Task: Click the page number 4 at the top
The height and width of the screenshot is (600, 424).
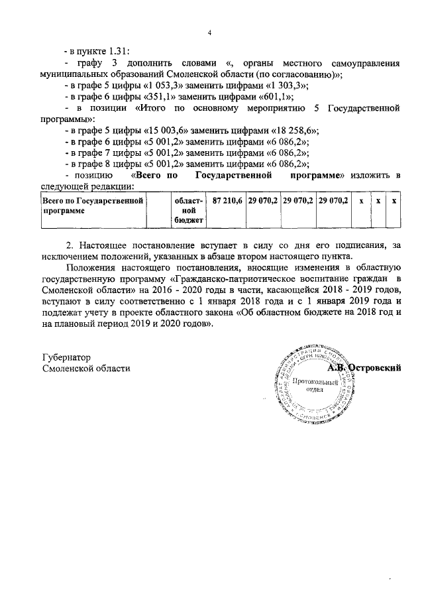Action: [209, 33]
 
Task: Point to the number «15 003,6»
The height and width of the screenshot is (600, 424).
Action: [163, 131]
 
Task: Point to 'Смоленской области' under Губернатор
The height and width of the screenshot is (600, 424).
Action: [86, 369]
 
